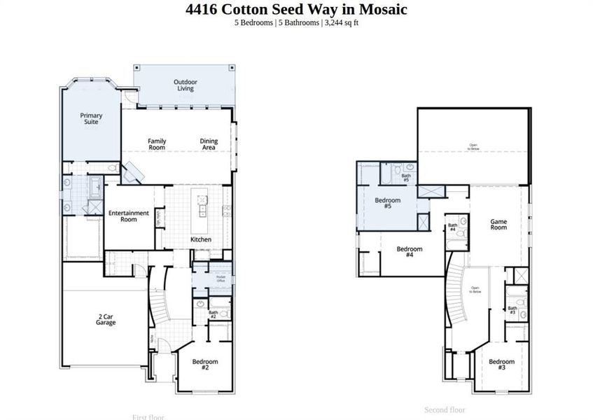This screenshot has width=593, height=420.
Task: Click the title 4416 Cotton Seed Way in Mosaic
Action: coord(296,9)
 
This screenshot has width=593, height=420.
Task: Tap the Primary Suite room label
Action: coord(91,118)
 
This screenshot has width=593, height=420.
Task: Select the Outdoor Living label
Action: coord(186,85)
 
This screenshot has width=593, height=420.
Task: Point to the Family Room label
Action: coord(157,144)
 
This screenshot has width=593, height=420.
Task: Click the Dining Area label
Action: coord(209,144)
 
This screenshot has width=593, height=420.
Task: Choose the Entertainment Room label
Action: coord(128,216)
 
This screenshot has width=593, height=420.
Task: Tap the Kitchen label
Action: coord(201,239)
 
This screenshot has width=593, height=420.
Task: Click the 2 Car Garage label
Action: coord(106,320)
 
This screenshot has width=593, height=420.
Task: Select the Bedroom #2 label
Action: coord(205,365)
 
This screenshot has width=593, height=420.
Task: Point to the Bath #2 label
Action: coord(214,315)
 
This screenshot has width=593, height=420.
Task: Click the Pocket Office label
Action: coord(221,278)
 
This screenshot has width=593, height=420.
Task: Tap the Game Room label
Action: coord(498,225)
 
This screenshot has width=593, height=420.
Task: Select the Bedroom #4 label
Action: coord(410,252)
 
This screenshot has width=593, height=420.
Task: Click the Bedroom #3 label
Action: coord(501,365)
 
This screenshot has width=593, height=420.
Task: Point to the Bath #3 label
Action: coord(512,310)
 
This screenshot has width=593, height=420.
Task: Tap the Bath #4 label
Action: coord(452,227)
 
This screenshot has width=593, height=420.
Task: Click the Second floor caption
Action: coord(445,410)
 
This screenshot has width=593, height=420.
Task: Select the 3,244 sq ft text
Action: coord(342,23)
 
